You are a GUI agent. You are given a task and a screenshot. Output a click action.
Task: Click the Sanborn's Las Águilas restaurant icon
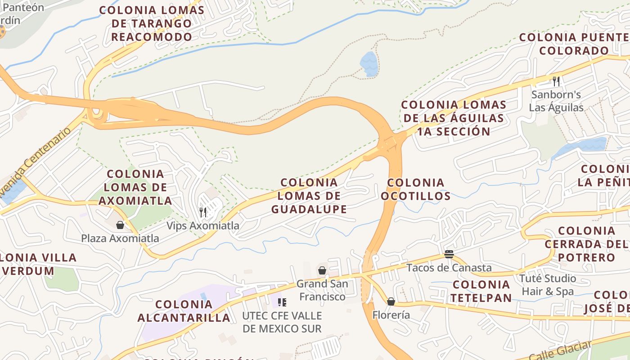tap(556, 81)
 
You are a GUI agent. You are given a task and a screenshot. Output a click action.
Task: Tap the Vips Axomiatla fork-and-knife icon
tap(203, 212)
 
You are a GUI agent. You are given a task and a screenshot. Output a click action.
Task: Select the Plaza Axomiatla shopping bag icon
tap(120, 225)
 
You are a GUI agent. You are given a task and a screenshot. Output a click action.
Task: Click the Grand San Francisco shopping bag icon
tap(322, 270)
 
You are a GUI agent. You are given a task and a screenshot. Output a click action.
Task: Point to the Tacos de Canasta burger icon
tap(449, 254)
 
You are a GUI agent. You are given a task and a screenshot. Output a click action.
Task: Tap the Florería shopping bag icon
tap(391, 301)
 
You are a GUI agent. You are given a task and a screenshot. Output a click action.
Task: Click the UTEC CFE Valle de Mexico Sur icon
tap(282, 302)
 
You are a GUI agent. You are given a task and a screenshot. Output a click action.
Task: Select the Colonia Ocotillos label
tap(415, 189)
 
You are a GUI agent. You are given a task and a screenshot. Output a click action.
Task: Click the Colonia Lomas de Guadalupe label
tap(309, 196)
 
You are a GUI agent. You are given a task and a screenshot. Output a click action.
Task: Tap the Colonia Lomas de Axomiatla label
tap(135, 187)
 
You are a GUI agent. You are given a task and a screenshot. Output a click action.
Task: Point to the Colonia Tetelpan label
tap(481, 291)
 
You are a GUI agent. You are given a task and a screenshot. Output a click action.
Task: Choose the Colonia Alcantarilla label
tap(184, 311)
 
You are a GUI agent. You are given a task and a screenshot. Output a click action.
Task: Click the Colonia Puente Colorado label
tap(574, 44)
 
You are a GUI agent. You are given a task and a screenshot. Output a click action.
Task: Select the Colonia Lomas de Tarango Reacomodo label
tap(152, 23)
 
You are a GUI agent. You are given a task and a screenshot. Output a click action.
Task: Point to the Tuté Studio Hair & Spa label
tap(548, 285)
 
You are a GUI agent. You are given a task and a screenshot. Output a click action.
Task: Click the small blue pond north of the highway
tap(369, 63)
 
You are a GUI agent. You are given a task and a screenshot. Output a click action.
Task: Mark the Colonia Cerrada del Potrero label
tap(586, 244)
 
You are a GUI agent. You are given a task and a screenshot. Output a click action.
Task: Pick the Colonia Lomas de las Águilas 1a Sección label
tap(454, 118)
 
